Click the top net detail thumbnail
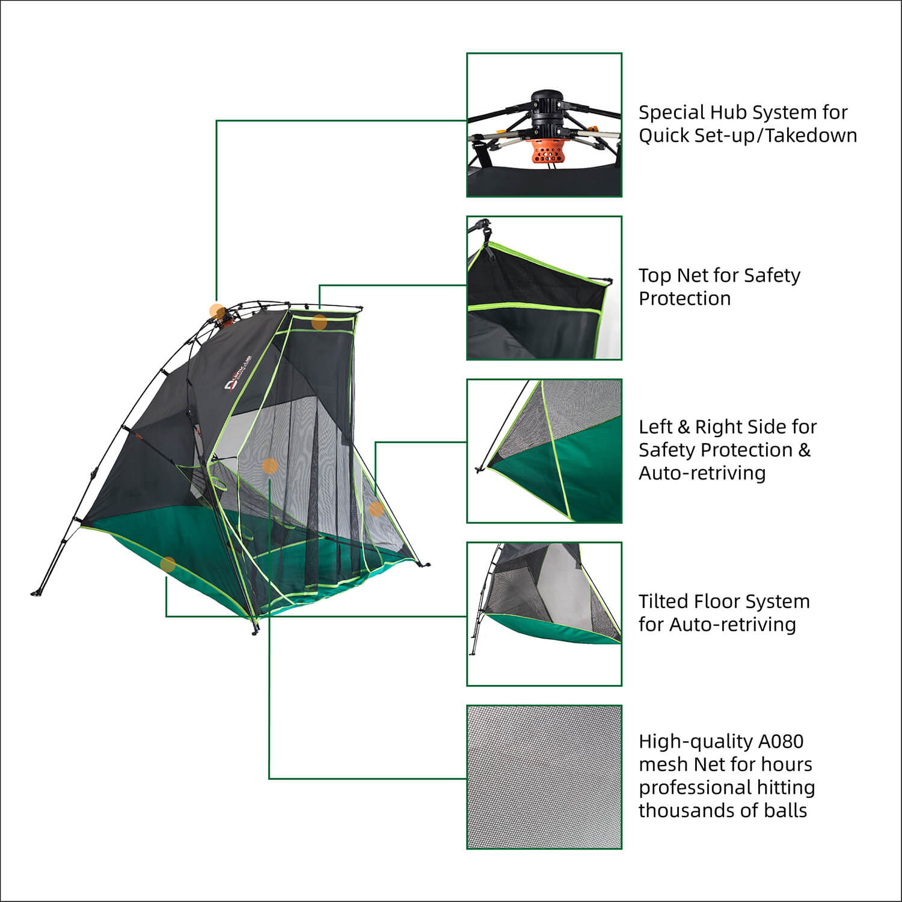tap(544, 288)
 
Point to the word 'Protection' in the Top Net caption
tap(684, 298)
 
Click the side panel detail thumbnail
tap(544, 451)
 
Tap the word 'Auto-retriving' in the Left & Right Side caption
tap(702, 473)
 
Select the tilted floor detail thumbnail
tap(544, 614)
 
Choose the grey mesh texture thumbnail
tap(544, 777)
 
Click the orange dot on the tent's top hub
tap(217, 311)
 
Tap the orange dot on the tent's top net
tap(319, 322)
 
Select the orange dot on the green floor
tap(168, 564)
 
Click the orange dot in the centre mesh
tap(270, 465)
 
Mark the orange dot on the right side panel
tap(376, 509)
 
